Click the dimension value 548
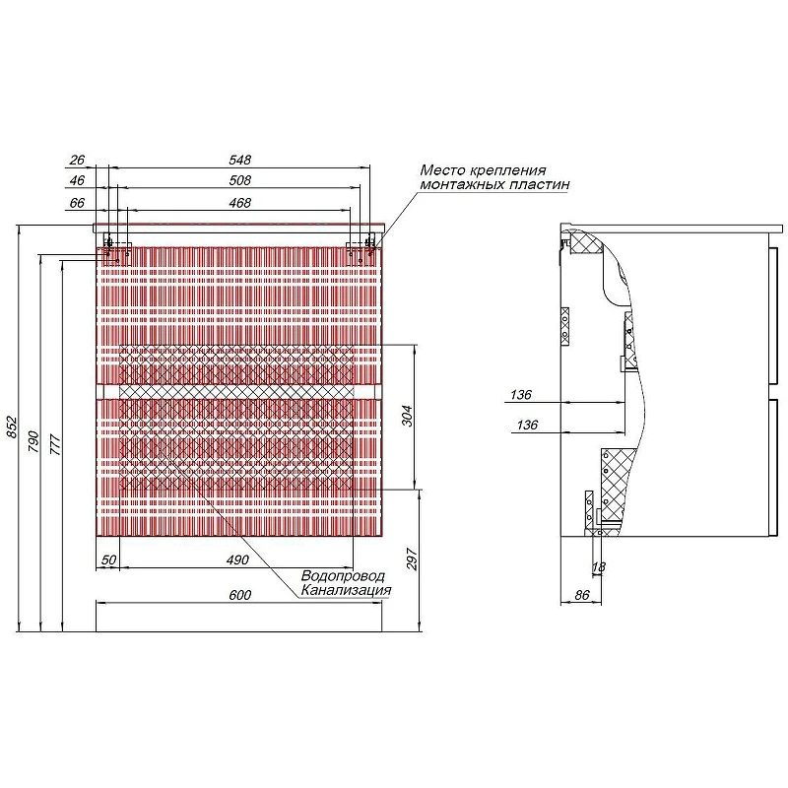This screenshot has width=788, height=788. tap(239, 160)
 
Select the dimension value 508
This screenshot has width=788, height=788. tap(239, 180)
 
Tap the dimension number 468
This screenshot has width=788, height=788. tap(239, 203)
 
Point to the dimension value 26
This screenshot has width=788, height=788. tap(77, 160)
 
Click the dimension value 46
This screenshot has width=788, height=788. tap(77, 180)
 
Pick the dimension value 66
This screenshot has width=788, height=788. tap(77, 203)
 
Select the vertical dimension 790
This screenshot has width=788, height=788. tap(33, 440)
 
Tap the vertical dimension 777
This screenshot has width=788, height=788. tap(55, 445)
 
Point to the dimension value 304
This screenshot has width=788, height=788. tap(407, 416)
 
